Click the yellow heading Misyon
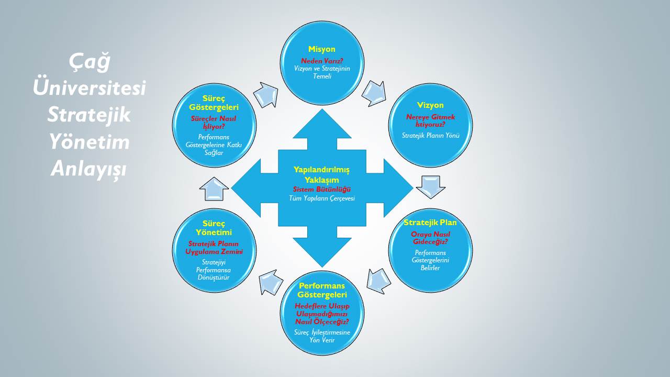click(x=321, y=49)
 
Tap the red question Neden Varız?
click(x=321, y=61)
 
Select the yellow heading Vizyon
click(x=430, y=105)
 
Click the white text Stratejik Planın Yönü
click(x=430, y=135)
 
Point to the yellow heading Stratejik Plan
click(x=430, y=223)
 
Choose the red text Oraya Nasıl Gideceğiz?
click(x=430, y=238)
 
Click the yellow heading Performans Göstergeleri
click(x=322, y=290)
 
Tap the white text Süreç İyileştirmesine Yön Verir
click(x=322, y=336)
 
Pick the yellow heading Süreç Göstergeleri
click(x=214, y=103)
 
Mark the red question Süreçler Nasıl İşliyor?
click(x=214, y=123)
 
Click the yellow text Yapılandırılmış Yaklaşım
click(x=321, y=174)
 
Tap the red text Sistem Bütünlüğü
click(x=321, y=189)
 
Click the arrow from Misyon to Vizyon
click(x=374, y=93)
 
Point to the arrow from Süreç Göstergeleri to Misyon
click(x=266, y=94)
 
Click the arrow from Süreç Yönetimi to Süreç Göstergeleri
click(x=214, y=189)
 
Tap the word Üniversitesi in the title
click(x=89, y=88)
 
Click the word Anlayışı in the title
click(x=89, y=169)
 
